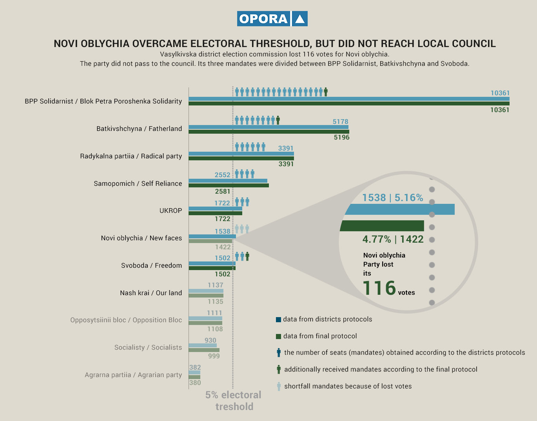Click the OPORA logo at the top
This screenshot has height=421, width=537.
[272, 19]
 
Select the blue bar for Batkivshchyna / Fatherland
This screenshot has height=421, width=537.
[268, 127]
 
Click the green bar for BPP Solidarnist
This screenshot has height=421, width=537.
[349, 103]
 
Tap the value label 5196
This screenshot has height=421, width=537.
[341, 137]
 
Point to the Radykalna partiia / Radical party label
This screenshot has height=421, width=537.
[131, 156]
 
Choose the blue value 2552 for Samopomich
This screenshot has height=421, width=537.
[222, 175]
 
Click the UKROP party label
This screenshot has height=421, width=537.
[171, 210]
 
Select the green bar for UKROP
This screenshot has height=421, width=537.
[215, 213]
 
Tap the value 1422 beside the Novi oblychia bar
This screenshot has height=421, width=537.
[223, 247]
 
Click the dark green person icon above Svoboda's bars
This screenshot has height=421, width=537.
[247, 256]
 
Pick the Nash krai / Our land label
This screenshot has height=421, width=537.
[151, 293]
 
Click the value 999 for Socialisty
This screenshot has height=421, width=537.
[214, 356]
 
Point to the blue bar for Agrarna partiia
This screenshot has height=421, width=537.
[194, 372]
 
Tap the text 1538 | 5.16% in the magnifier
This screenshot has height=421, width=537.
[392, 198]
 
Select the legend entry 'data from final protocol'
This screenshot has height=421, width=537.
[320, 336]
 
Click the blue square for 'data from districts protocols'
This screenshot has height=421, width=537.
[279, 319]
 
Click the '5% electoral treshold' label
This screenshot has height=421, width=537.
[234, 401]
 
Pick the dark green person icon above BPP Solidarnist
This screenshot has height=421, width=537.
[326, 92]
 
